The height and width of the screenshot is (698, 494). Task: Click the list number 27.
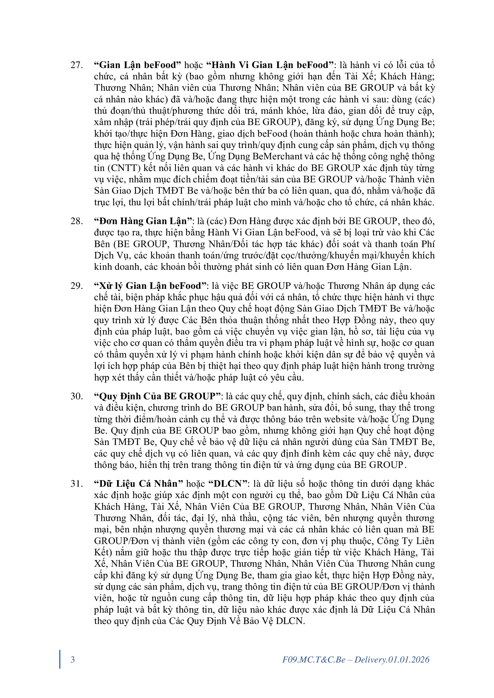76,65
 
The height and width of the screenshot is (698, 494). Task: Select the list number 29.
76,286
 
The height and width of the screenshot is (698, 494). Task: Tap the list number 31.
76,484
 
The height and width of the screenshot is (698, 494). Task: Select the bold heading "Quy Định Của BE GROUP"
157,396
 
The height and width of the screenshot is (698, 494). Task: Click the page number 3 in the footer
73,660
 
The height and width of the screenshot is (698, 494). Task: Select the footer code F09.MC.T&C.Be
314,660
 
